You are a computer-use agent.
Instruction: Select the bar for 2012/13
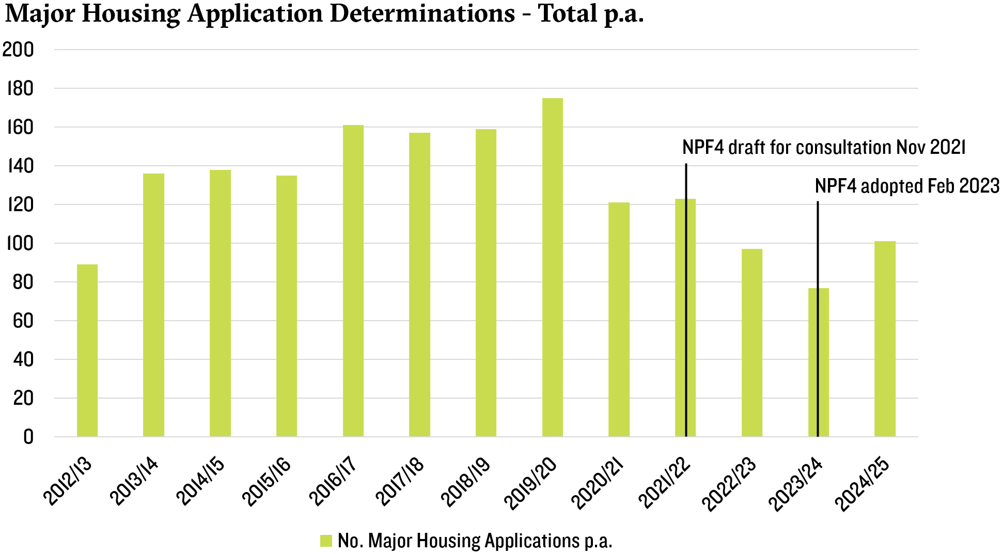(x=87, y=351)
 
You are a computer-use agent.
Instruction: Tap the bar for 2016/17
(x=353, y=281)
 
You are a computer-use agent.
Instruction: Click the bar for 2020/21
(x=619, y=320)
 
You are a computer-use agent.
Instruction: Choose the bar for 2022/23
(x=751, y=343)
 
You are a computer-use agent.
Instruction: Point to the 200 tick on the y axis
(x=19, y=50)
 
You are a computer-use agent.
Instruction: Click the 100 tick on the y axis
(x=19, y=243)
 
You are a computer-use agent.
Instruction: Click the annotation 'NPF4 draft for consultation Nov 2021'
(x=824, y=148)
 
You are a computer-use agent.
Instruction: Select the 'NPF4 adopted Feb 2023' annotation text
(x=907, y=186)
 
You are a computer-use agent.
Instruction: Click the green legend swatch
(x=326, y=541)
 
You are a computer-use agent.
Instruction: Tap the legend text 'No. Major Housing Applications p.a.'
(x=475, y=541)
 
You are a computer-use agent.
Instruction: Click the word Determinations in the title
(x=421, y=13)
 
